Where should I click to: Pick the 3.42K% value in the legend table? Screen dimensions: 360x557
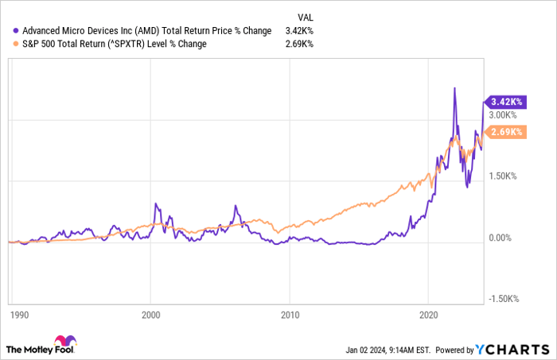click(x=300, y=30)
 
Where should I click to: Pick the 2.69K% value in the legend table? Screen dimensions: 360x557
click(x=300, y=44)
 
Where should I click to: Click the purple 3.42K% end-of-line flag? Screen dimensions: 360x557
click(x=504, y=102)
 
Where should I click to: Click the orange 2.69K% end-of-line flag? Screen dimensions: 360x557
click(x=504, y=132)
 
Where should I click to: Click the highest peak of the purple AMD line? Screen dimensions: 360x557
click(x=454, y=88)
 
